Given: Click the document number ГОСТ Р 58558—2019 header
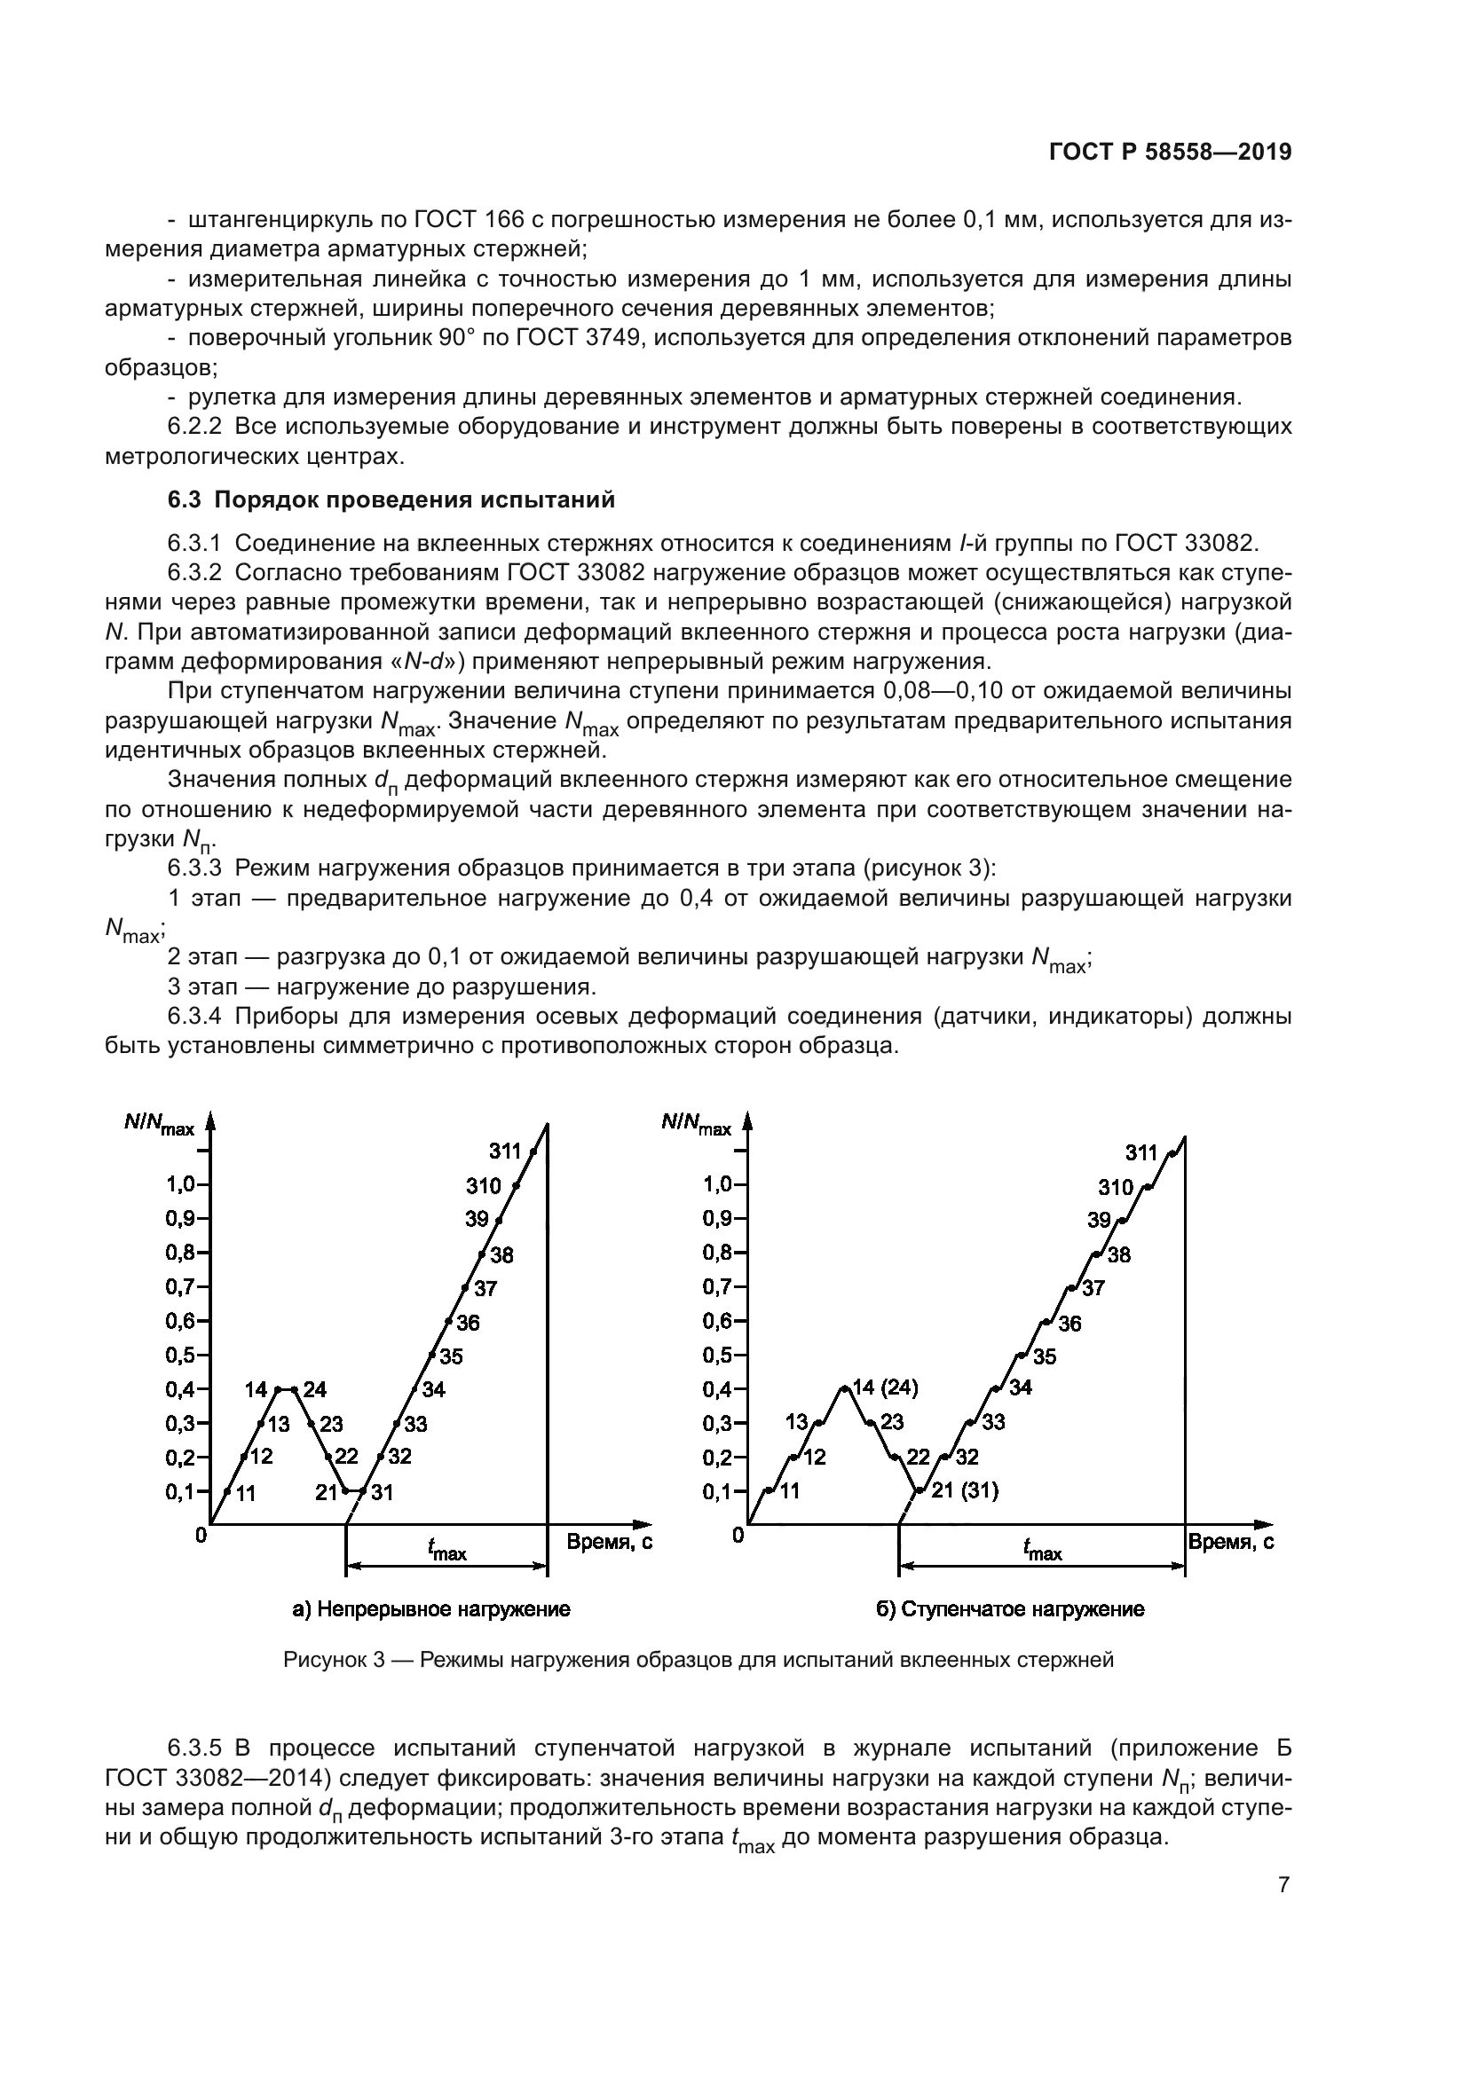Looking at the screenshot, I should pyautogui.click(x=1170, y=153).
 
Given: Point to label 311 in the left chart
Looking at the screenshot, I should pyautogui.click(x=505, y=1151).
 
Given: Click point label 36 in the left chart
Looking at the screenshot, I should pyautogui.click(x=468, y=1323).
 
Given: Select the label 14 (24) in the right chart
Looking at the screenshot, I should pyautogui.click(x=885, y=1387).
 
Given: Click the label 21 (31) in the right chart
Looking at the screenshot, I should pyautogui.click(x=965, y=1490).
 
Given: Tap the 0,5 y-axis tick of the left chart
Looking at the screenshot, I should pyautogui.click(x=181, y=1356).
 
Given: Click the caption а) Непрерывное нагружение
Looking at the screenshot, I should pyautogui.click(x=431, y=1609).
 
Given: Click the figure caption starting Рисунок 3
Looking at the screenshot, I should pyautogui.click(x=698, y=1659).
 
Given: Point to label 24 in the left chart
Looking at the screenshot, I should pyautogui.click(x=314, y=1389).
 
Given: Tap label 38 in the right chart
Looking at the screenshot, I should pyautogui.click(x=1119, y=1254).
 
